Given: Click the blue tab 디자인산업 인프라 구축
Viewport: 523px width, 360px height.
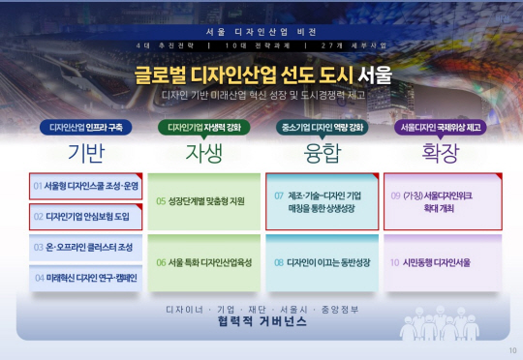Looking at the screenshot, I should [86, 127].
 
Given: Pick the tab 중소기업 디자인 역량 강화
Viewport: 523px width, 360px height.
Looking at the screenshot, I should [323, 127].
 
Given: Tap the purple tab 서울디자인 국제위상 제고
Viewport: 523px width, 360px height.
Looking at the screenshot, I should [441, 127].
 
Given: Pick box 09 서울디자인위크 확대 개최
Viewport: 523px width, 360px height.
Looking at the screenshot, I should [442, 201].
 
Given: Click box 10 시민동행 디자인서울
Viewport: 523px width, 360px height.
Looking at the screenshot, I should [442, 261].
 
